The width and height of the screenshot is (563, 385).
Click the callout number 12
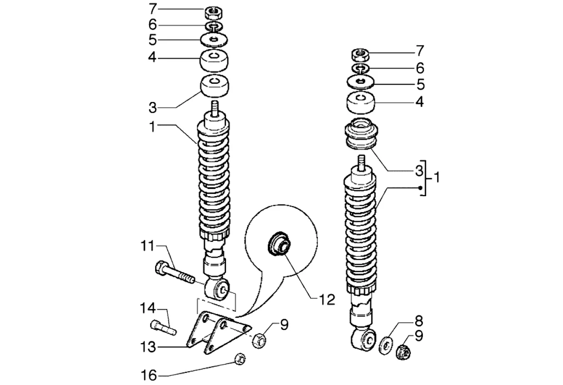point(327,299)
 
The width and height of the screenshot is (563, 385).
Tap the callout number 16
point(149,375)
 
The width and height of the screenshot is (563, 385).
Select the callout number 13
point(148,347)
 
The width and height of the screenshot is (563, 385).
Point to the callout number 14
point(148,308)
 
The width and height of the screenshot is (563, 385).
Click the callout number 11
point(147,246)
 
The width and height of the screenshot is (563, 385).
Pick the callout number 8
point(418,321)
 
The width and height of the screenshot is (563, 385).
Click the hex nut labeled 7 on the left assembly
point(214,13)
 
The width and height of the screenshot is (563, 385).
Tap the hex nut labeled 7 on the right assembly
point(360,55)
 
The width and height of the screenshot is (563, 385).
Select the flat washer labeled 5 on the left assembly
point(214,40)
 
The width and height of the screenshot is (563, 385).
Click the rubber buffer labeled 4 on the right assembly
point(361,103)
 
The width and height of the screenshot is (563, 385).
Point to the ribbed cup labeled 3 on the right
point(361,133)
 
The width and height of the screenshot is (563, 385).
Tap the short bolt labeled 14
point(163,327)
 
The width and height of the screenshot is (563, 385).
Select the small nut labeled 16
point(240,359)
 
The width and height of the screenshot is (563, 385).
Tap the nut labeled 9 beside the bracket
point(259,341)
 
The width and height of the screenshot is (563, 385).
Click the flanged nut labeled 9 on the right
point(403,352)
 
